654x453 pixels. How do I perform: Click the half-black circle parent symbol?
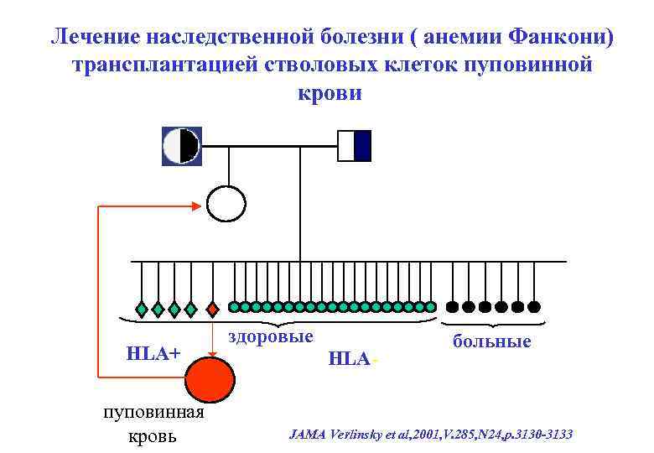coord(181,145)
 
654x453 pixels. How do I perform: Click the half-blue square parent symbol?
coord(354,145)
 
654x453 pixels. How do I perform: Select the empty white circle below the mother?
coord(226,202)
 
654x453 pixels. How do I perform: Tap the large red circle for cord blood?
coord(210,378)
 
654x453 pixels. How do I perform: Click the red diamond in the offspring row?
coord(212,309)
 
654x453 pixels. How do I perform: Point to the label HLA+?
coord(153,353)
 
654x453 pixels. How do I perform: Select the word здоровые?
coord(271,336)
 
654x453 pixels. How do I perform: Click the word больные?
coord(491,341)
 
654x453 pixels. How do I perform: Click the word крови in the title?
coord(330,92)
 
